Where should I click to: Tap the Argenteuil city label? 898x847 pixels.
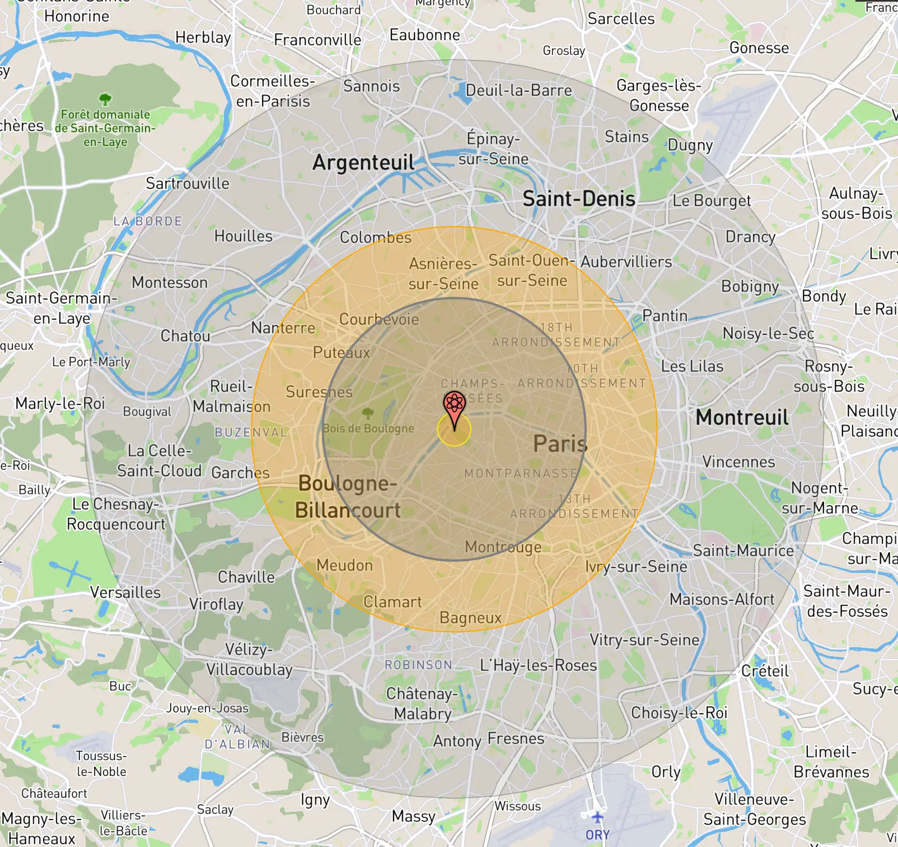(x=363, y=163)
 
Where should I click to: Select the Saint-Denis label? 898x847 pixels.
(x=578, y=199)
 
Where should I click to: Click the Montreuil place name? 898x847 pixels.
(x=742, y=417)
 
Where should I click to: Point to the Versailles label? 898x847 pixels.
(x=125, y=592)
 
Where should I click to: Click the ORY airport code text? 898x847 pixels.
(x=597, y=835)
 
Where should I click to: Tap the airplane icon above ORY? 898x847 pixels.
(x=597, y=817)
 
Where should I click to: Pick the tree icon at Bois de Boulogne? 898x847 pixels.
(x=367, y=413)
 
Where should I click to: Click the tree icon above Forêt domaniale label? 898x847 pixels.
(x=105, y=100)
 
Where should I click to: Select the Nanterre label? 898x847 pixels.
(x=283, y=328)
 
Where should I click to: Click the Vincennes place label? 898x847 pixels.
(x=738, y=462)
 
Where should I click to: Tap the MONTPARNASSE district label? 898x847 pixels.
(x=521, y=474)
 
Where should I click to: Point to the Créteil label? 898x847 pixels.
(x=764, y=671)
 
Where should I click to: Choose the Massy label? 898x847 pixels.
(x=413, y=816)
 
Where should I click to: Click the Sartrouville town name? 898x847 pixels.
(x=188, y=183)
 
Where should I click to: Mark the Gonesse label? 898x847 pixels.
(x=759, y=48)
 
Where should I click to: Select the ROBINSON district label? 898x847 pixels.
(x=418, y=665)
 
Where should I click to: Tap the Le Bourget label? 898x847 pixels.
(x=712, y=201)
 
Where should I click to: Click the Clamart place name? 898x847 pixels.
(x=392, y=602)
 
